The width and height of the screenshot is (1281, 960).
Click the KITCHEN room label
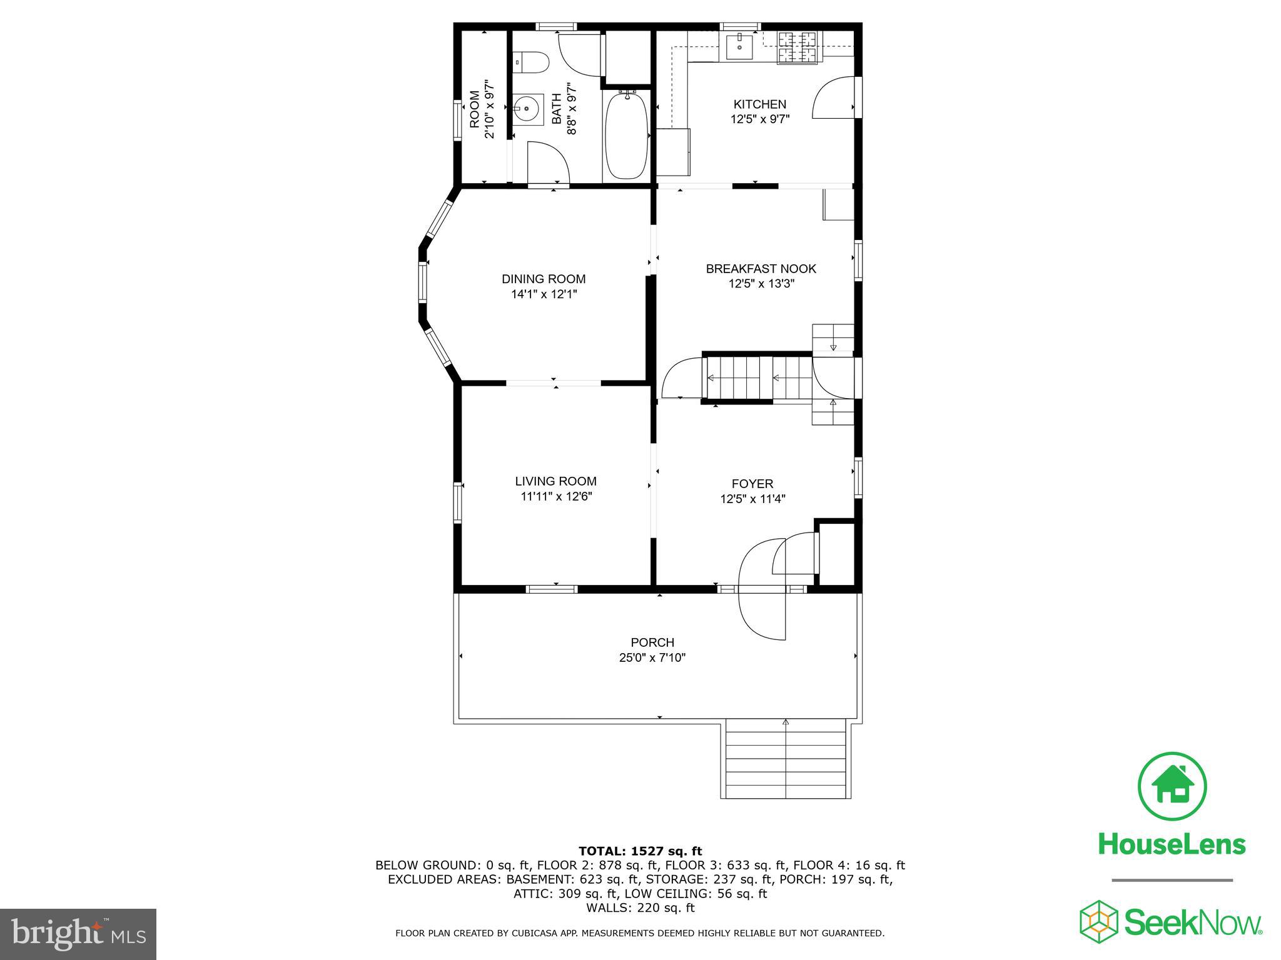[759, 104]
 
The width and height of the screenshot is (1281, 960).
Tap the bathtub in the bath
[626, 135]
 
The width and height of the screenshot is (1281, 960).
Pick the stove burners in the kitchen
[797, 47]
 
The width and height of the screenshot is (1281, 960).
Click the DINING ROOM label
[544, 279]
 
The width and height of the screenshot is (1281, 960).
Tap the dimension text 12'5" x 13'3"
[761, 284]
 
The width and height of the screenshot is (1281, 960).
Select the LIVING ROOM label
[555, 481]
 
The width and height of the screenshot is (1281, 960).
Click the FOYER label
[752, 484]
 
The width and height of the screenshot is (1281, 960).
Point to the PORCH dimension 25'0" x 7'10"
[652, 657]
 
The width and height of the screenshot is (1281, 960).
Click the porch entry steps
[786, 759]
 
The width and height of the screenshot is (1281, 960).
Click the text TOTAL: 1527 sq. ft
[640, 851]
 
